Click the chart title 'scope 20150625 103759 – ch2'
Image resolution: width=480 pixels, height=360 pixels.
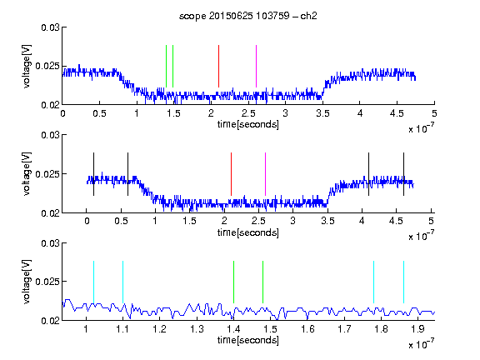(248, 16)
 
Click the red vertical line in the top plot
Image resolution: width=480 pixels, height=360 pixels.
(218, 66)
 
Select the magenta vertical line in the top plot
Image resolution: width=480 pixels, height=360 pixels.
(256, 66)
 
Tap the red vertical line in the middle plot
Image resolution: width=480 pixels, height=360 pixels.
(231, 174)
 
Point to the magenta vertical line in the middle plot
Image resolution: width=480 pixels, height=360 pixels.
(265, 174)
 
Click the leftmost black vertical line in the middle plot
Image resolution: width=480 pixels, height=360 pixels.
(93, 174)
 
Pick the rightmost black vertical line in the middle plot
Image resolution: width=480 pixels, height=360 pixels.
(403, 174)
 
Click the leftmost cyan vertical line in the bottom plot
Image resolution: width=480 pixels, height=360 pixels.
(93, 282)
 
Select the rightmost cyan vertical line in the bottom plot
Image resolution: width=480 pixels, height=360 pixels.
(403, 282)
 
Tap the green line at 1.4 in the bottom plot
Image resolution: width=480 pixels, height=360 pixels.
(233, 282)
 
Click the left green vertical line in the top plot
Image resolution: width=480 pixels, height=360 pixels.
(166, 66)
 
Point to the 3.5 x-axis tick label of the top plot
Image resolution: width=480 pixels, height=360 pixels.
(322, 113)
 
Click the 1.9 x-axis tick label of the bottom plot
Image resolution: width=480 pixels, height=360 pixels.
(417, 329)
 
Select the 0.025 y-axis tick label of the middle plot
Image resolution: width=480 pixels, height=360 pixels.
(47, 174)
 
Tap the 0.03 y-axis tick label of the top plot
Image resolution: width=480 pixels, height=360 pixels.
(50, 27)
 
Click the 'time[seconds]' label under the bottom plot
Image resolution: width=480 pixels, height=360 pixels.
(248, 340)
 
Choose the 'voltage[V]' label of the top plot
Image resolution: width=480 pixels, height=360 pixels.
(27, 66)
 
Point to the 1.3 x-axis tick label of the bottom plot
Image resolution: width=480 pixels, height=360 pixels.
(197, 329)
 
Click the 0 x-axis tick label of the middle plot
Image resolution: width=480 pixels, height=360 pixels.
(87, 221)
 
